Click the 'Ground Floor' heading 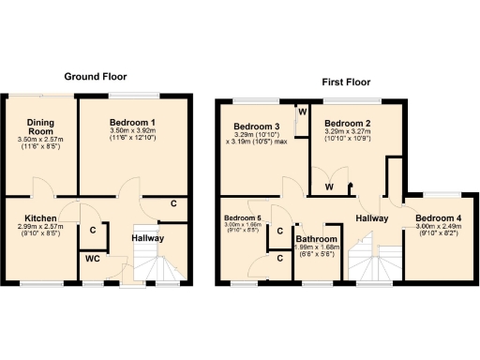pyautogui.click(x=95, y=76)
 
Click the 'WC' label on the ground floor pyautogui.click(x=91, y=258)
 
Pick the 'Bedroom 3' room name pyautogui.click(x=256, y=127)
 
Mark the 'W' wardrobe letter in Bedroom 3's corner pyautogui.click(x=302, y=112)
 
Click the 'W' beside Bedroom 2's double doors pyautogui.click(x=329, y=186)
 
